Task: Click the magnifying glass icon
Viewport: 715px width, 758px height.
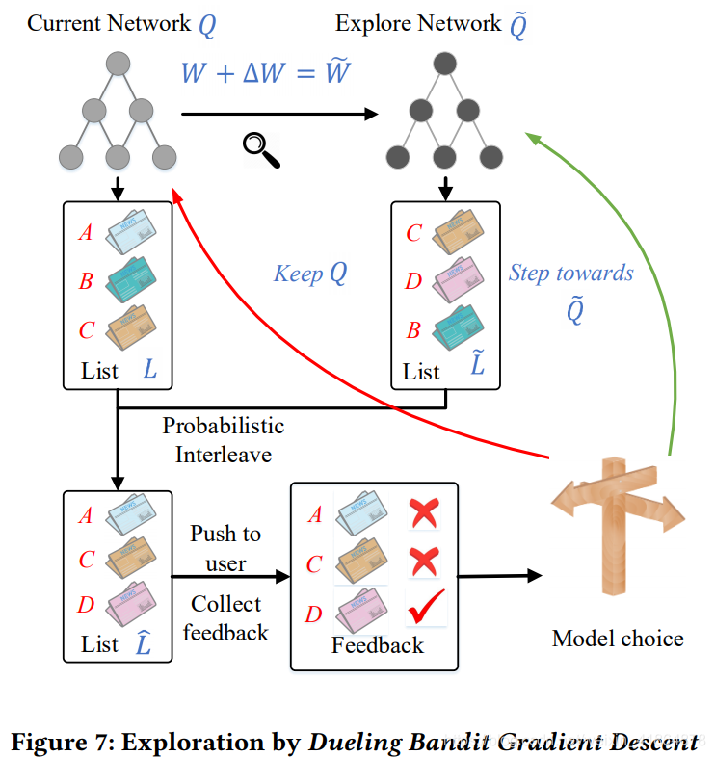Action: click(x=260, y=149)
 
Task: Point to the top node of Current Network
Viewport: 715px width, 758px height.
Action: click(x=118, y=66)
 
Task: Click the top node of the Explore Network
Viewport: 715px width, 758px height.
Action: click(x=444, y=66)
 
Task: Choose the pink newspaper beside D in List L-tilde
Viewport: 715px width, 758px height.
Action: click(x=456, y=282)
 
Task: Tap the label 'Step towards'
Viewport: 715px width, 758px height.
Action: click(x=570, y=273)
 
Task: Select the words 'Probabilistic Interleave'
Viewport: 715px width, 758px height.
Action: click(x=223, y=439)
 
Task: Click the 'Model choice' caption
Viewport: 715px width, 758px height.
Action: click(x=618, y=638)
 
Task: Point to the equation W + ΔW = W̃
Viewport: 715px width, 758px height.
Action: click(x=267, y=73)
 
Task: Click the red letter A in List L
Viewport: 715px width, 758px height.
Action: click(x=86, y=232)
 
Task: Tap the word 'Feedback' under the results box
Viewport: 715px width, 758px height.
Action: click(x=377, y=645)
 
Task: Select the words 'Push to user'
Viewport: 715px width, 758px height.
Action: click(x=225, y=547)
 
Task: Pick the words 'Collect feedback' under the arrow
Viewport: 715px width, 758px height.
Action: click(x=225, y=617)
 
